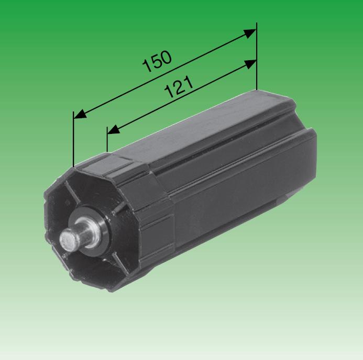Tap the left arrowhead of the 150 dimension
pos(78,115)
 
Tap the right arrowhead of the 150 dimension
pos(251,32)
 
